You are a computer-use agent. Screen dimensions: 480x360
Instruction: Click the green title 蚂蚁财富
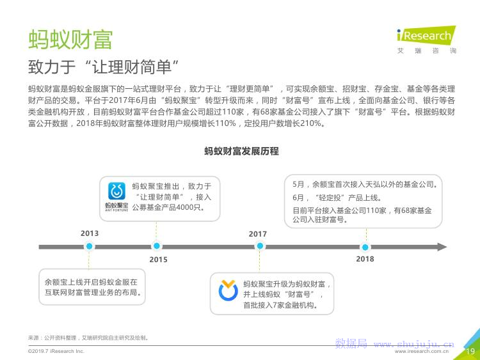tap(70, 40)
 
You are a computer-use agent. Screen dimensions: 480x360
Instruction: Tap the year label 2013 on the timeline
tap(90, 233)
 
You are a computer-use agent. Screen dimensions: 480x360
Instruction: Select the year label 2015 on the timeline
tap(158, 260)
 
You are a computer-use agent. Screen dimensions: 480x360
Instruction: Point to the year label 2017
tap(257, 234)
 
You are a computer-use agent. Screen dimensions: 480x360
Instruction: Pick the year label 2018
tap(365, 259)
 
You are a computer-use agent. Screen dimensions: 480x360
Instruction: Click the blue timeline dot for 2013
tap(89, 246)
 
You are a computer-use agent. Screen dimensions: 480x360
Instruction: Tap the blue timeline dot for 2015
tap(156, 246)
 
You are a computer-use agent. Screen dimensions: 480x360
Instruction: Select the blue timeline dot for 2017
tap(260, 246)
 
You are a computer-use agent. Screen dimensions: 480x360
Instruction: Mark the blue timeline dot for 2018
tap(365, 247)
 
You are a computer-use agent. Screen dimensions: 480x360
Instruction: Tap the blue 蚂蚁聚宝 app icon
tap(116, 191)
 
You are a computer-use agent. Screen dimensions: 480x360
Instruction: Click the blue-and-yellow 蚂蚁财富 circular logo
tap(228, 290)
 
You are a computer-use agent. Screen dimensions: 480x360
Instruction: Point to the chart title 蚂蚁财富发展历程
tap(241, 151)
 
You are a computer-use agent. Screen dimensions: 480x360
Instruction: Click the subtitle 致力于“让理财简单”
tap(103, 67)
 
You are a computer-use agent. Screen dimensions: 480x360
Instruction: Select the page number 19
tap(470, 352)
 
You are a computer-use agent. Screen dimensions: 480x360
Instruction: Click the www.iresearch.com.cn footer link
tap(422, 352)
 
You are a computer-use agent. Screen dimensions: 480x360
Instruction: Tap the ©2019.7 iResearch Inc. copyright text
tap(56, 351)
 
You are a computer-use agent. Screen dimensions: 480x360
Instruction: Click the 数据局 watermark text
tap(351, 343)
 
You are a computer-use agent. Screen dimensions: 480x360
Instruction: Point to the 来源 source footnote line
tap(88, 338)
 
